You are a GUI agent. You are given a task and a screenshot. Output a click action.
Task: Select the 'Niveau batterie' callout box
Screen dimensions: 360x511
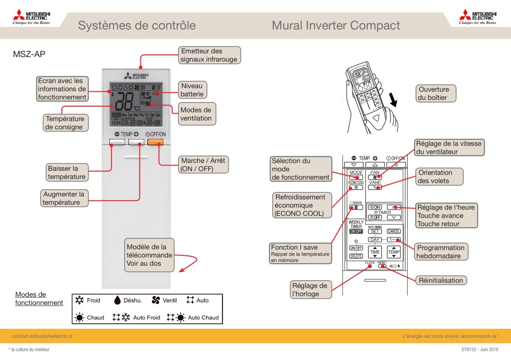[192, 90]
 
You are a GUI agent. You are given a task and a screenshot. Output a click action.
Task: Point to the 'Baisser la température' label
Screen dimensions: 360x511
[67, 173]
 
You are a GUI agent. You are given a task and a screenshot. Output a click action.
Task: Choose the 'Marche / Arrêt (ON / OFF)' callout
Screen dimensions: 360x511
[203, 164]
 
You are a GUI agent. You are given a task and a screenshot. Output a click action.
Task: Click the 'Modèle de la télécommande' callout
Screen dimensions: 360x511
[149, 255]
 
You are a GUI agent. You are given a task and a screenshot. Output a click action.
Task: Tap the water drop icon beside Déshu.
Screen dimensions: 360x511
[117, 300]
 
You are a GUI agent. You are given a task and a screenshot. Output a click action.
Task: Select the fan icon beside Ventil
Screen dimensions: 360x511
[156, 300]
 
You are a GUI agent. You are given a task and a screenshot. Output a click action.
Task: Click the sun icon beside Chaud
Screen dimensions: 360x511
[79, 318]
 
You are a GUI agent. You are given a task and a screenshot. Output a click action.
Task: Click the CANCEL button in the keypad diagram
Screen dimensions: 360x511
[394, 231]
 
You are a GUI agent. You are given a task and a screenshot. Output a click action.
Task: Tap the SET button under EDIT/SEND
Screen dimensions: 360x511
[374, 231]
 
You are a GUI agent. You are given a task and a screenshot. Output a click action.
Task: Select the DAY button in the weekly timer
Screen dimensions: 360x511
[374, 239]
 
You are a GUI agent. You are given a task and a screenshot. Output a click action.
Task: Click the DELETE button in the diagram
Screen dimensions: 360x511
[356, 256]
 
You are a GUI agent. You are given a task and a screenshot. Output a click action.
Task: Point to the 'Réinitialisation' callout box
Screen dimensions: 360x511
[441, 280]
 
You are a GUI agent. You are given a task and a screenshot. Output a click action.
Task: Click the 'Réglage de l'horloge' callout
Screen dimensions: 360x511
[310, 290]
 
